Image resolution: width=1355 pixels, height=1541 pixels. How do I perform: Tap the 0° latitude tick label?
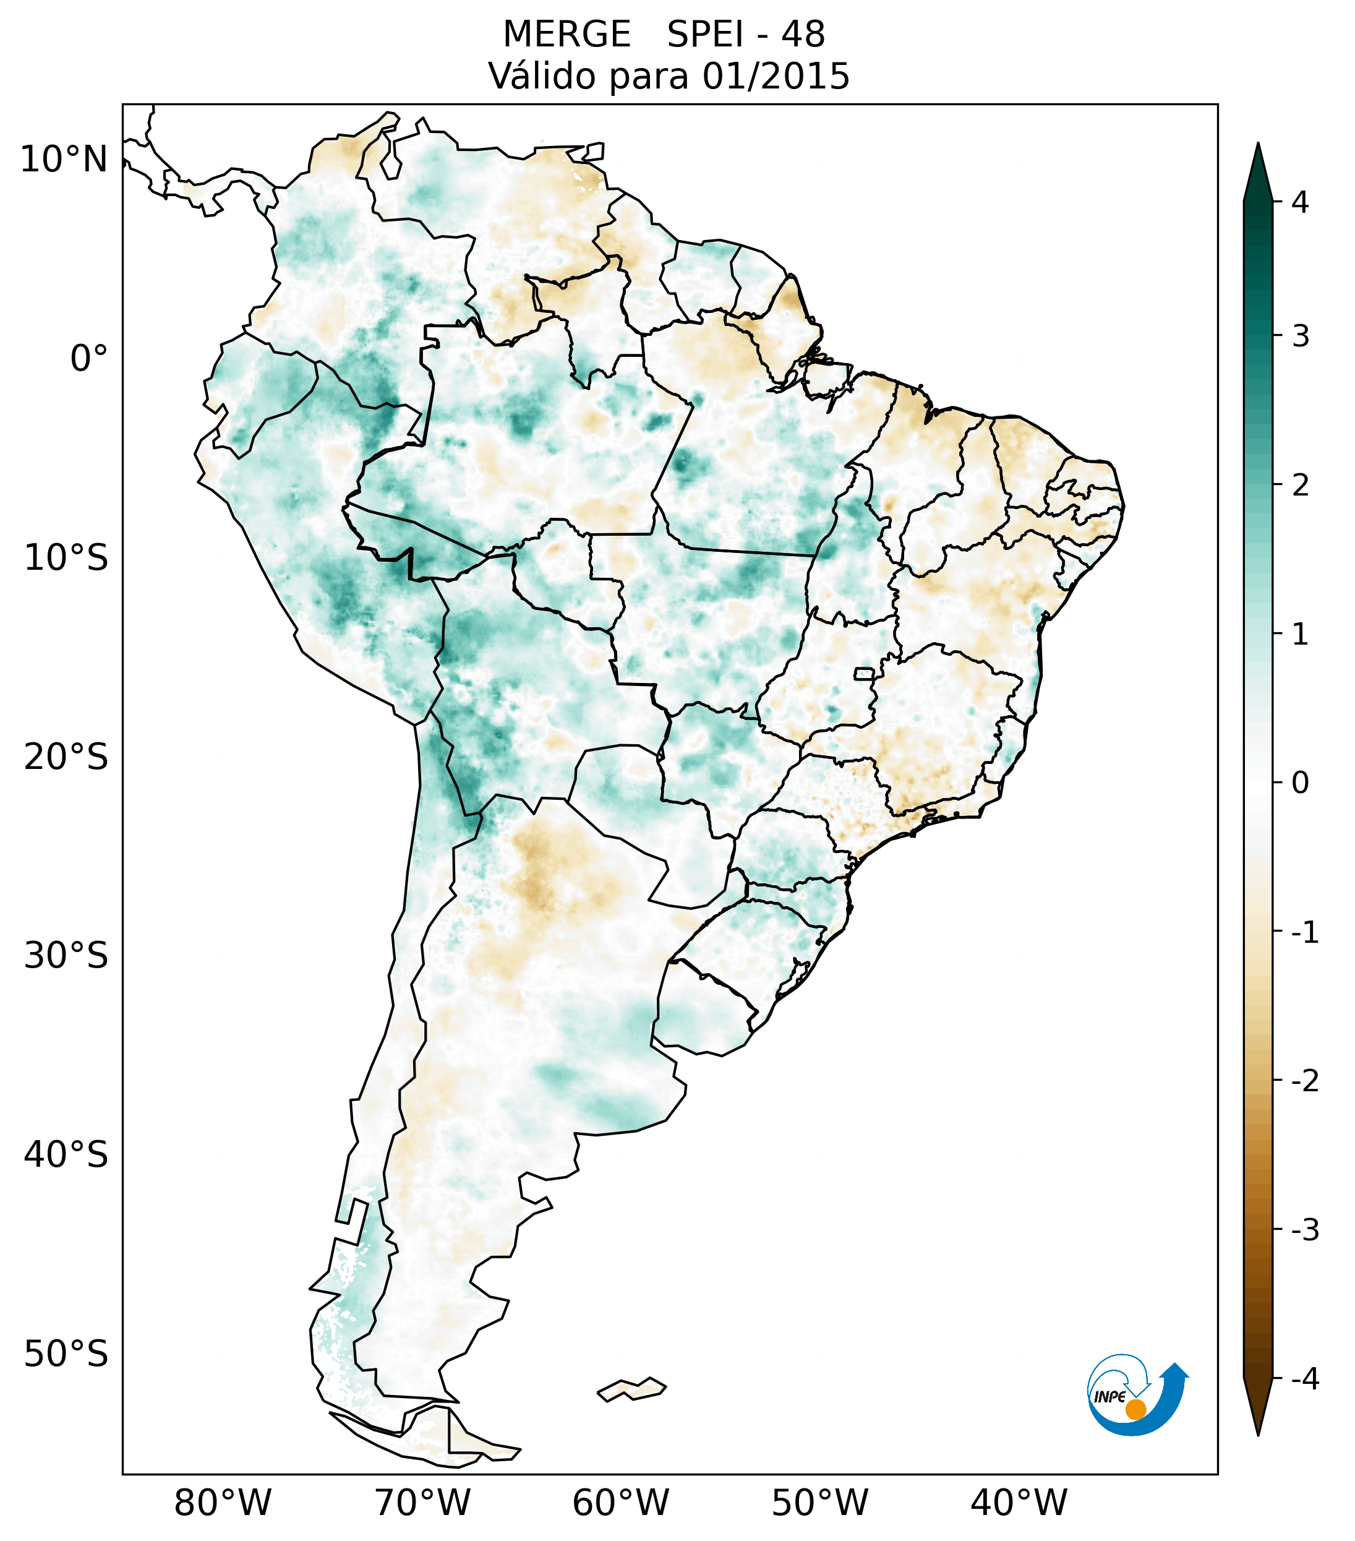[x=89, y=359]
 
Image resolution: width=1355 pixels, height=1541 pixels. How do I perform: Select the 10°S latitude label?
[x=66, y=559]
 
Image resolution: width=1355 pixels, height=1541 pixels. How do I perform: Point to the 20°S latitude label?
[x=66, y=757]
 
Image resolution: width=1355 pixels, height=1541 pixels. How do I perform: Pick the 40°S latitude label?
[x=66, y=1155]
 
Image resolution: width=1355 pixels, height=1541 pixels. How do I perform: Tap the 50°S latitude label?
[x=66, y=1354]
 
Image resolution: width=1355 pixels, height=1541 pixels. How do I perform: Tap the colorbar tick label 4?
[x=1300, y=202]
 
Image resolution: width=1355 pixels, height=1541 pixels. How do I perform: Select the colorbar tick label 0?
[x=1300, y=783]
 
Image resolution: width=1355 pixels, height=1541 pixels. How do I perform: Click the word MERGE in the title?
[x=566, y=35]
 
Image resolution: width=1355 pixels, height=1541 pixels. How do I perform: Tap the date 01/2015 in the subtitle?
[x=776, y=76]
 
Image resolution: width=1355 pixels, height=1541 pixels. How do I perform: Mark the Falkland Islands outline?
[x=631, y=1389]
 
